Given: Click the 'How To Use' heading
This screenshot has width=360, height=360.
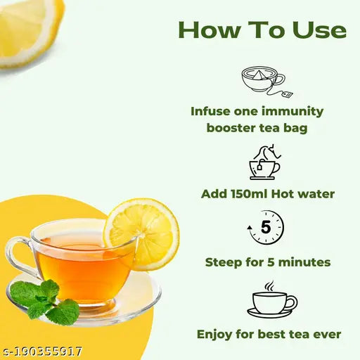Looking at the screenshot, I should (x=262, y=30).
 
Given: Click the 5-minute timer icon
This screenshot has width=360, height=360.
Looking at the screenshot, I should (x=266, y=228).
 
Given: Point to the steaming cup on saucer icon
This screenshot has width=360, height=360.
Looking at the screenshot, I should (x=271, y=300).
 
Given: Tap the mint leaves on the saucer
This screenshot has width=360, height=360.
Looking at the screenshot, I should (x=46, y=300).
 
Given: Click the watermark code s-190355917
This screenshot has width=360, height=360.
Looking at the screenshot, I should (x=42, y=350).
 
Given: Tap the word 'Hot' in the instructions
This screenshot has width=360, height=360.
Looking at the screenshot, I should (x=288, y=193).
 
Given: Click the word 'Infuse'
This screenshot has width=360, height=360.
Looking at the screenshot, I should (x=210, y=110).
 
